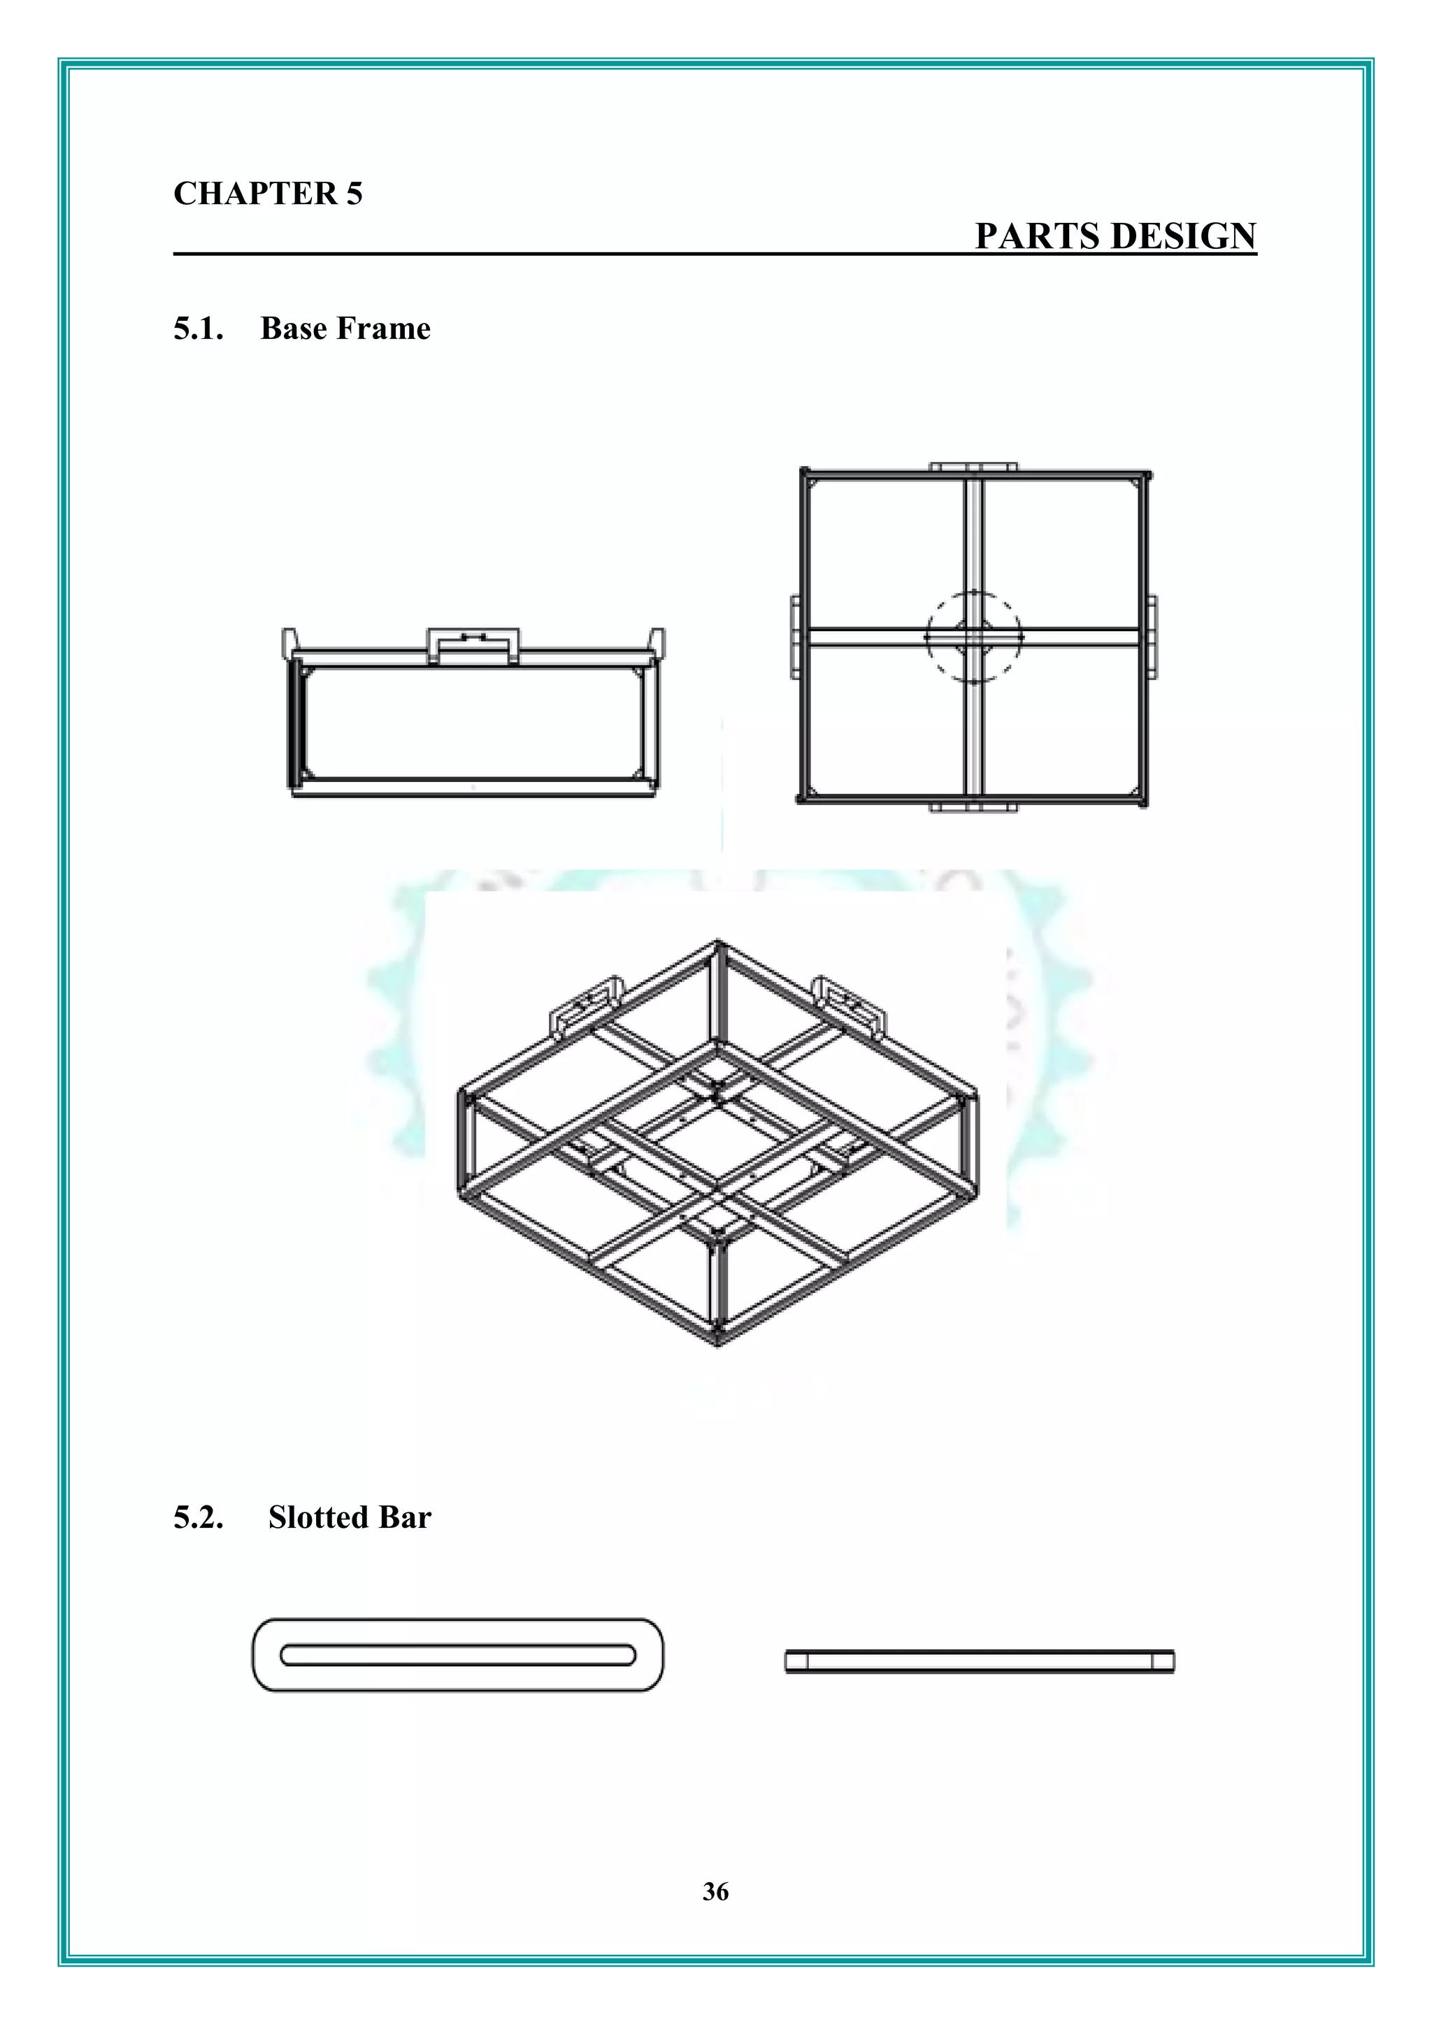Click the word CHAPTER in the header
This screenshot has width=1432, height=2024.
(254, 194)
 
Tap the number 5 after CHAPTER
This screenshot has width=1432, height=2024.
(354, 194)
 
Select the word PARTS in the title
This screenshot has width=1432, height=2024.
(1037, 236)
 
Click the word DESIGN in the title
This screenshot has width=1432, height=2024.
(1183, 236)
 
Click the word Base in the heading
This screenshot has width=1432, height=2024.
(294, 328)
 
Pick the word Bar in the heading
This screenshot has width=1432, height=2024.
(405, 1517)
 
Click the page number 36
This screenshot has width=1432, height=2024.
(715, 1891)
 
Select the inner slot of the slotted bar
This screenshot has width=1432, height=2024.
(458, 1655)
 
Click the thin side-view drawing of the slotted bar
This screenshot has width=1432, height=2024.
(980, 1662)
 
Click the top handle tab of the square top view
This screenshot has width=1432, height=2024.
(973, 466)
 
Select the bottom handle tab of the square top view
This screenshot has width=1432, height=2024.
(973, 806)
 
